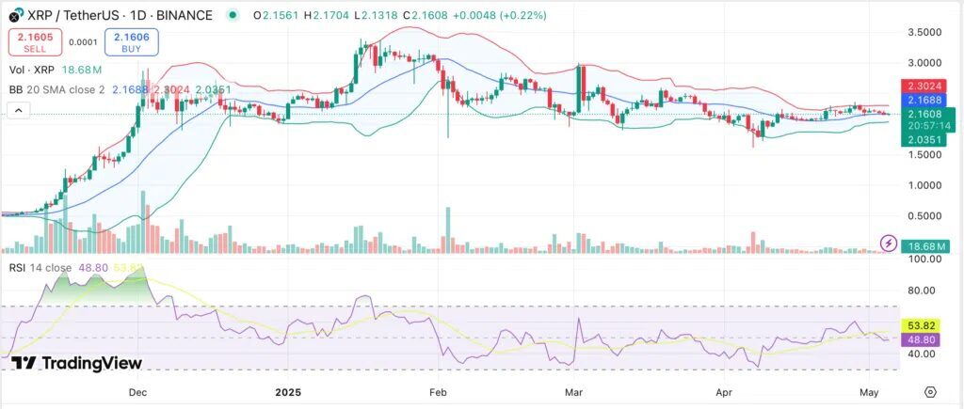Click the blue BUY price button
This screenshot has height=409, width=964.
131,41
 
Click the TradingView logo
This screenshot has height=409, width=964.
77,364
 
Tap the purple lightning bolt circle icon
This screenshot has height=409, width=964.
888,244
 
